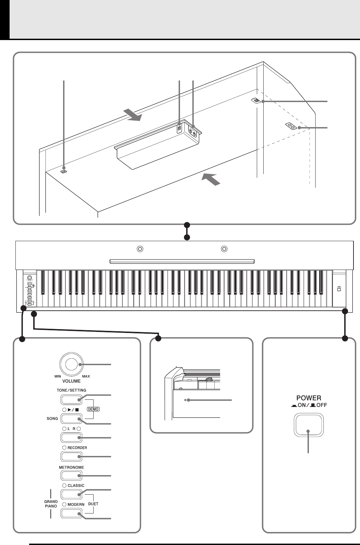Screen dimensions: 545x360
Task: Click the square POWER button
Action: click(x=309, y=426)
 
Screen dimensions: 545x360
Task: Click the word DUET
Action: click(x=93, y=504)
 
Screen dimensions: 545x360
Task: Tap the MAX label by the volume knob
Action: click(x=86, y=376)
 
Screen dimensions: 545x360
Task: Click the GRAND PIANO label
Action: click(x=51, y=504)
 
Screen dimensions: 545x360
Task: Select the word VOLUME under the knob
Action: click(x=71, y=381)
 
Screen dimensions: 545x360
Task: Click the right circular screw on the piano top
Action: click(x=224, y=249)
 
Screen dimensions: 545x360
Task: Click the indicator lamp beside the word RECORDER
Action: click(x=64, y=448)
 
